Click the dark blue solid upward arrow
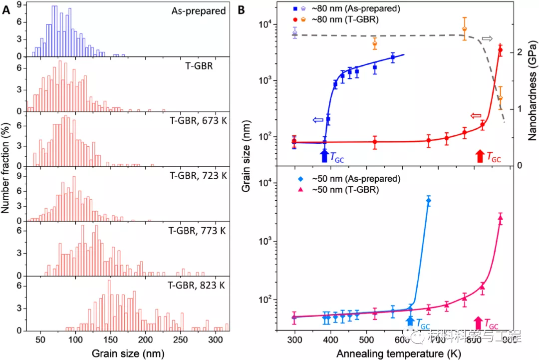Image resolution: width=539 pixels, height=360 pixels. pyautogui.click(x=324, y=155)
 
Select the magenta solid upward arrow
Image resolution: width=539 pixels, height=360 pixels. pyautogui.click(x=478, y=322)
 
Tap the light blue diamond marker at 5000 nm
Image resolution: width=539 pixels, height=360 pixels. pyautogui.click(x=428, y=200)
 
